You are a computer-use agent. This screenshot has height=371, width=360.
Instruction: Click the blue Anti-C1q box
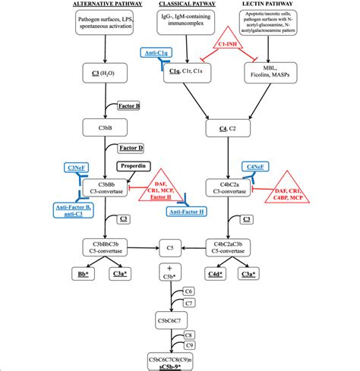[x=158, y=54]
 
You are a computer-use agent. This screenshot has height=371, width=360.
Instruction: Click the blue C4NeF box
[x=255, y=167]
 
